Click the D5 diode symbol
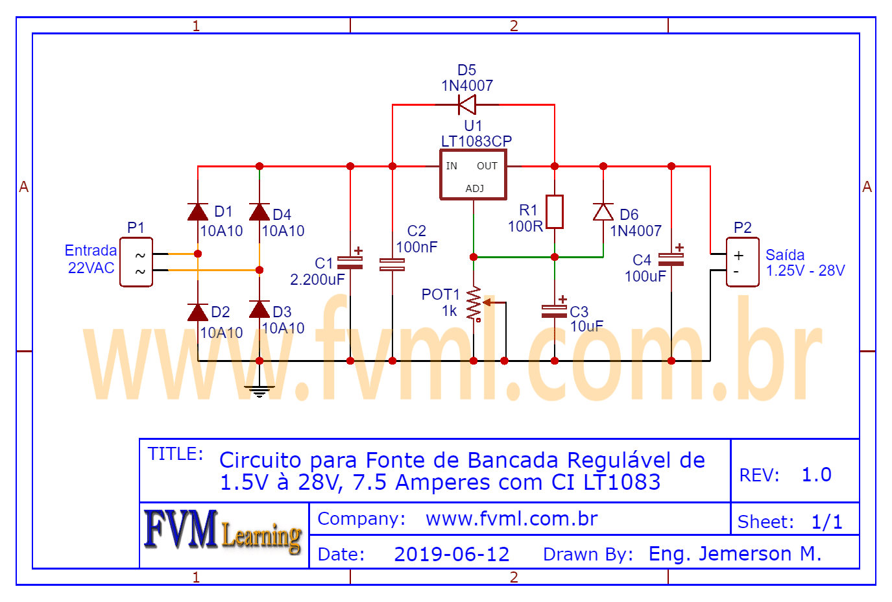tap(466, 104)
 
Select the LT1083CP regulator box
tap(473, 175)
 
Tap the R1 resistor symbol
tap(554, 211)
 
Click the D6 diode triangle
tap(603, 212)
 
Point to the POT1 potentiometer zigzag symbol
tap(475, 304)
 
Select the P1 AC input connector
tap(136, 262)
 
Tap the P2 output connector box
tap(742, 262)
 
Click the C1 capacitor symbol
tap(350, 262)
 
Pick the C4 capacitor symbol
tap(671, 259)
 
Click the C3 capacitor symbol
tap(555, 311)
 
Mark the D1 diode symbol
tap(198, 212)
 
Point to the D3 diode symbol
tap(259, 309)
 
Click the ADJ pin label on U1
tap(474, 189)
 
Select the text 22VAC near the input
tap(91, 268)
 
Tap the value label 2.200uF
tap(317, 280)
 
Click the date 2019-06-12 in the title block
tap(452, 554)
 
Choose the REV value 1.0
tap(816, 475)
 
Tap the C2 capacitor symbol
tap(392, 264)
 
